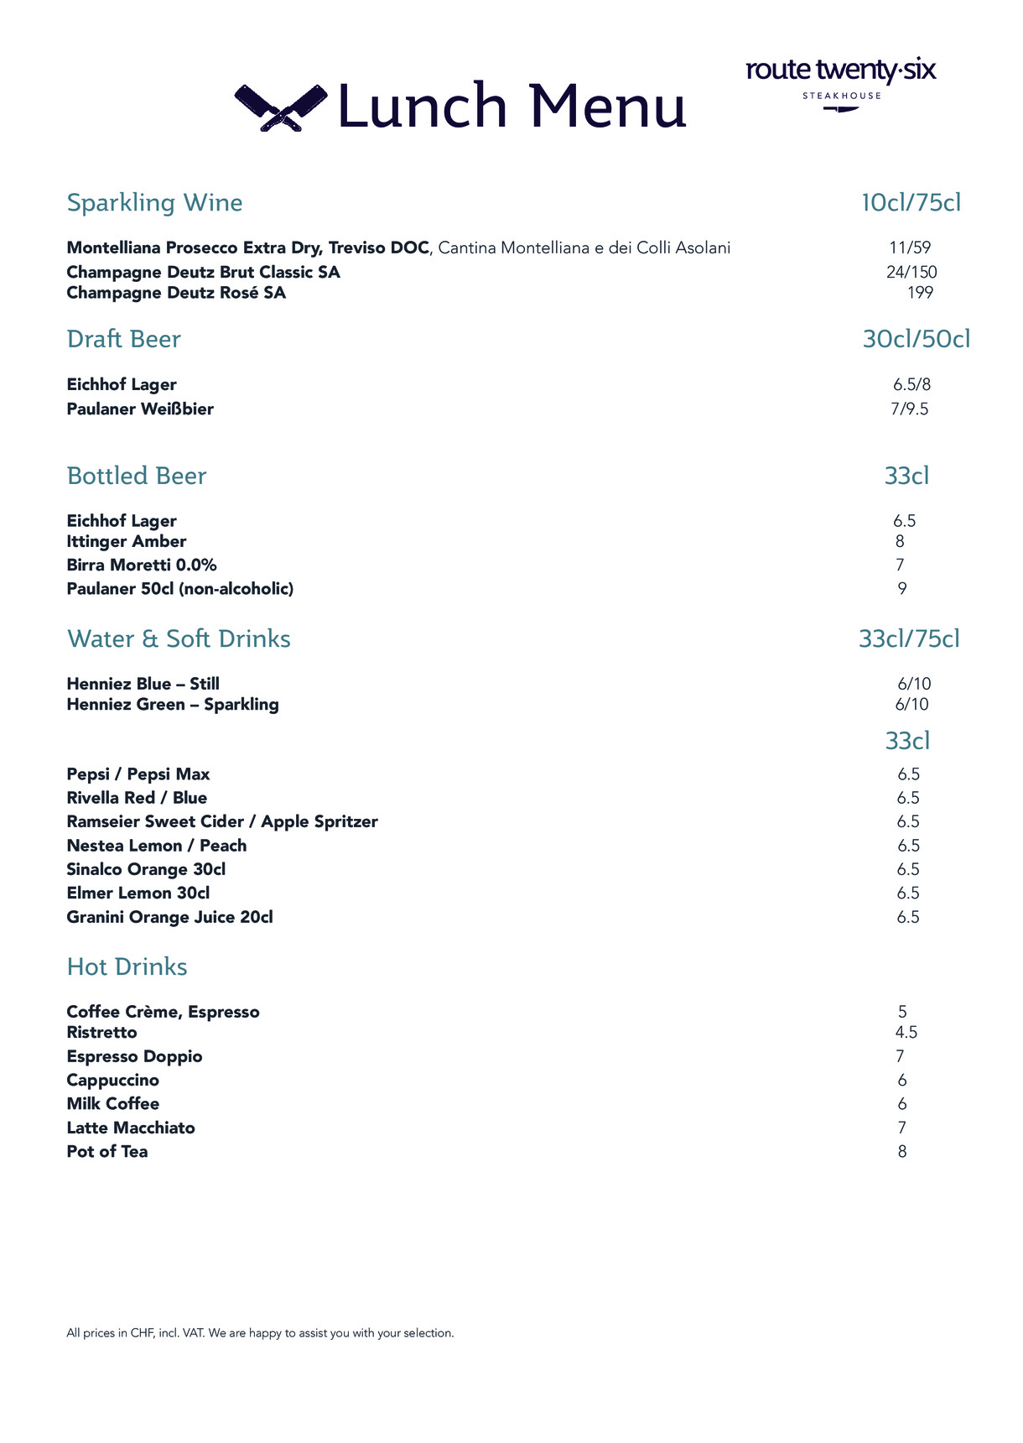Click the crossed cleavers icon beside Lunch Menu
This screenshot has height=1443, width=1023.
(280, 107)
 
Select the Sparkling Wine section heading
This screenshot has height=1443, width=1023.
(154, 203)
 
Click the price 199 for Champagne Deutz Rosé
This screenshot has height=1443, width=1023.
(920, 293)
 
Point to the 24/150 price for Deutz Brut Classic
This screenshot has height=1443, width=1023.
(911, 272)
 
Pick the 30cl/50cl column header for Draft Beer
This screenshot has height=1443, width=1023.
(916, 339)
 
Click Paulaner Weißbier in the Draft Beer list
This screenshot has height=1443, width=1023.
(140, 409)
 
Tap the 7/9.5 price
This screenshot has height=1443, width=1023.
(910, 409)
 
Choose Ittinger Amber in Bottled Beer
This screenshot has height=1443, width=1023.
(127, 542)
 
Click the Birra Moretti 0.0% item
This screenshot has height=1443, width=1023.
(142, 565)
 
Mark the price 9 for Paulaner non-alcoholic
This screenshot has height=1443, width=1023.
(902, 589)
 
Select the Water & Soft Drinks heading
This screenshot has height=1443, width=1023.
(179, 639)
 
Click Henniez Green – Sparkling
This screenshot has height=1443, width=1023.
(173, 705)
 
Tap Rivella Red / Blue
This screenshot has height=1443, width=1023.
(137, 798)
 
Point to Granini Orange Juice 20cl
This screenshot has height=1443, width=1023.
(169, 917)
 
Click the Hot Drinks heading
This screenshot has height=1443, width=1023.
(127, 967)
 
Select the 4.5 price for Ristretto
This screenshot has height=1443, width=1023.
(906, 1033)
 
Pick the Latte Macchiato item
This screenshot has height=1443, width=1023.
(131, 1128)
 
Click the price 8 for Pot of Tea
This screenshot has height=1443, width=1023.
(902, 1152)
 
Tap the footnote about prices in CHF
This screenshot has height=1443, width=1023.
(260, 1333)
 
